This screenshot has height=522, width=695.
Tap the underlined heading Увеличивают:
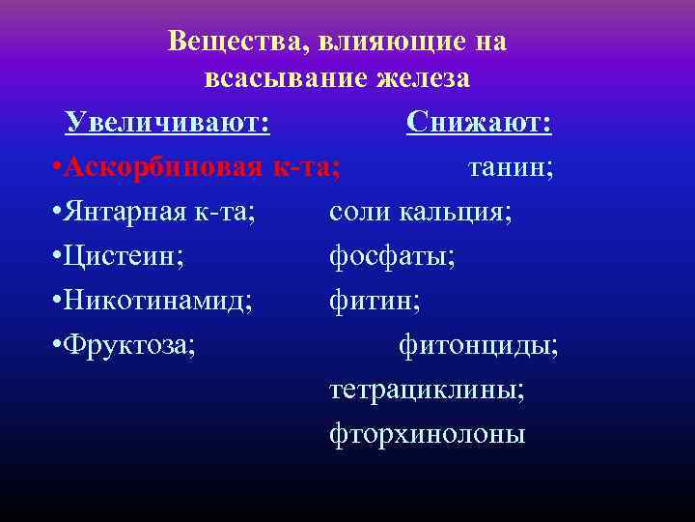click(x=167, y=123)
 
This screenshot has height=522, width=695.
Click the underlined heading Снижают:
click(x=479, y=123)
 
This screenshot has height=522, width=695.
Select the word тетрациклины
click(x=427, y=390)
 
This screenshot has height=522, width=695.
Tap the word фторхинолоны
click(x=427, y=434)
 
